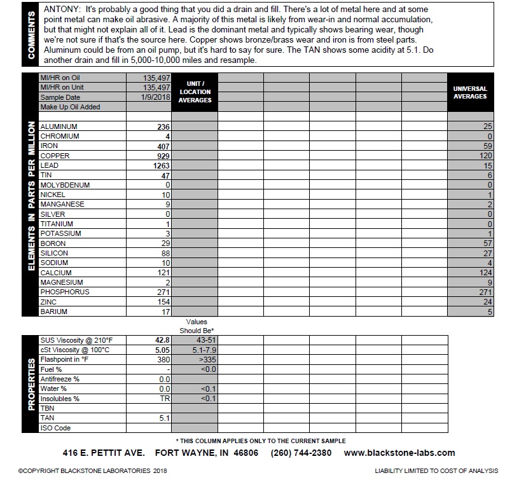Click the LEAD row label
click(49, 165)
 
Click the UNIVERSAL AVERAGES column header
click(470, 93)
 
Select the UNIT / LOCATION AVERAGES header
click(195, 92)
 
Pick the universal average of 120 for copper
click(484, 156)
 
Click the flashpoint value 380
click(163, 359)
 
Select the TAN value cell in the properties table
click(163, 418)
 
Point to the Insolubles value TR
click(165, 399)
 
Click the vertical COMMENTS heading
click(31, 34)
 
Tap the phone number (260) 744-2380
click(301, 453)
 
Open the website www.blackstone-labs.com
click(399, 453)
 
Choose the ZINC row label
click(50, 302)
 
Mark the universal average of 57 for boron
click(487, 244)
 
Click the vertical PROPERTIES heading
click(31, 383)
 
